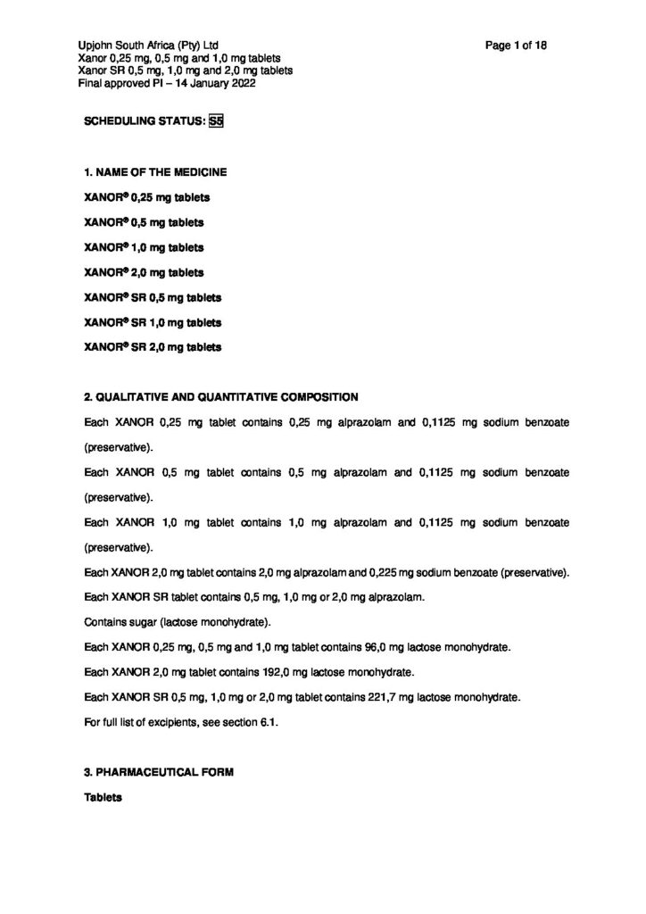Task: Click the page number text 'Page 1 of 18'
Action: point(517,46)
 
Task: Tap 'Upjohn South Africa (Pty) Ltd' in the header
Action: point(147,46)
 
